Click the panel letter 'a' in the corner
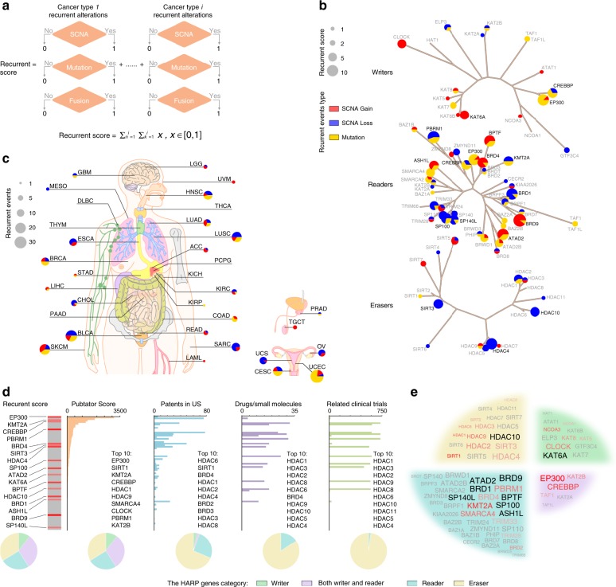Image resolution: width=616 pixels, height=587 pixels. tap(6, 7)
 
